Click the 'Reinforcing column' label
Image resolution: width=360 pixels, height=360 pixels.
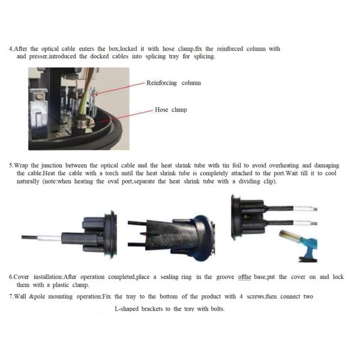173,83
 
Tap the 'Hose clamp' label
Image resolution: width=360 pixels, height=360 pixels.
171,110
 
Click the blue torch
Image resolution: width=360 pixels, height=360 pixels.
298,245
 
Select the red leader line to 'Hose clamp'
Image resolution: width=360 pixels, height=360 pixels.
126,116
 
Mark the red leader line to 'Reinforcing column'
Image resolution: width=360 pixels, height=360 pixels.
119,89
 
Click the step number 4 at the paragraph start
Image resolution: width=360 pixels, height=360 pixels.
11,49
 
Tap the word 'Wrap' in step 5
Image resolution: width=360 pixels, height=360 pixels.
22,166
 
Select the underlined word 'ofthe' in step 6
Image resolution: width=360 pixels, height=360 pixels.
245,277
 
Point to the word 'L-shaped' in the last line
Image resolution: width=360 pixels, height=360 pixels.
127,309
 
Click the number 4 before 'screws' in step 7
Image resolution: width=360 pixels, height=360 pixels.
241,296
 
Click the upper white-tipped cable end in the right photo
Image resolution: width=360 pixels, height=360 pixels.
305,209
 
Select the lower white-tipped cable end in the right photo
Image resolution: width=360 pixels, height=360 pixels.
305,223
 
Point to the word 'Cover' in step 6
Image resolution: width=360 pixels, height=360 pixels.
21,277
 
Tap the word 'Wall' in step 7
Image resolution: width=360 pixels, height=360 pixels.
20,296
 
